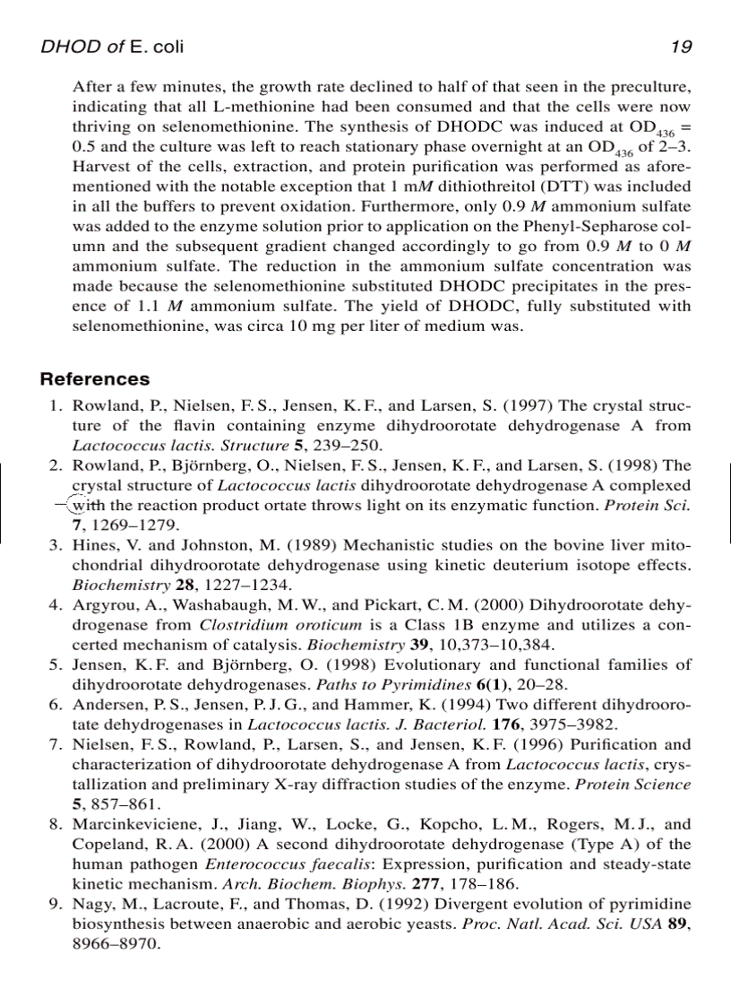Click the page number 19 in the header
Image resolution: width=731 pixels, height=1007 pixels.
tap(680, 48)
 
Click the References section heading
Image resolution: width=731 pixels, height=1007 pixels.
tap(95, 379)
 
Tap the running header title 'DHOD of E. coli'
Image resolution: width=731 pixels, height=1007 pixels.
tap(112, 48)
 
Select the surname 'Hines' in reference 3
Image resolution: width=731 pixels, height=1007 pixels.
tap(90, 544)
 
